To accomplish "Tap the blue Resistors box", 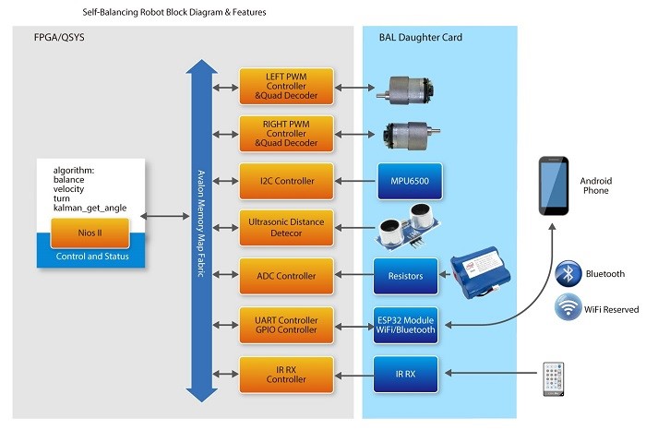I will [x=406, y=275].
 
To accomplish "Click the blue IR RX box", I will [x=406, y=372].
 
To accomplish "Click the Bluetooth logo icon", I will [x=568, y=274].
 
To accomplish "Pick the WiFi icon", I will [x=568, y=308].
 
